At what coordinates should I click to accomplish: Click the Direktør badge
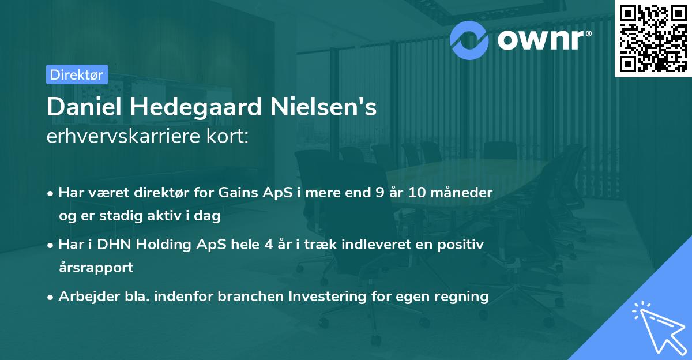tap(77, 74)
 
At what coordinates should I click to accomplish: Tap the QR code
tap(652, 37)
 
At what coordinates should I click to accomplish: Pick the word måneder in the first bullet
tap(464, 193)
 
